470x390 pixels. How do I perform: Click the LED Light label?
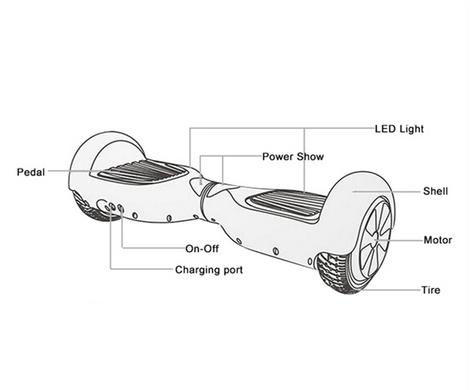coord(399,129)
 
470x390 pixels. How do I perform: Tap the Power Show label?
coord(293,157)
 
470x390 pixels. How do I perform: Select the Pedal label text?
coord(31,172)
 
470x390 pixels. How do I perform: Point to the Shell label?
coord(435,191)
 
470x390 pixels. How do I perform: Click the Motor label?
coord(438,240)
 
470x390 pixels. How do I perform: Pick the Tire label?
coord(430,290)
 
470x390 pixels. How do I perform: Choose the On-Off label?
coord(202,249)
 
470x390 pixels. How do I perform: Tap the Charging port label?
coord(209,270)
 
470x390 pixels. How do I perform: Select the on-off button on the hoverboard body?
coord(121,208)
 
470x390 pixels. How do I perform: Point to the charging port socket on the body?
coord(112,207)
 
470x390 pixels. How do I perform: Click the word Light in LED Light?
coord(412,129)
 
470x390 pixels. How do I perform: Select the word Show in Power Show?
coord(311,157)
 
